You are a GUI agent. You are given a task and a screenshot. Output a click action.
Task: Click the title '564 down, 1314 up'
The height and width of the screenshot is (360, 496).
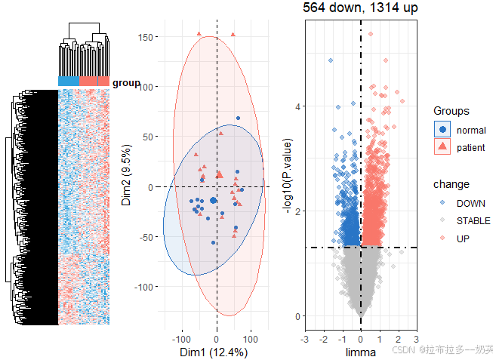360,8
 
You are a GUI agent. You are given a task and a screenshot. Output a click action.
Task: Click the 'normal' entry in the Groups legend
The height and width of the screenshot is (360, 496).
471,130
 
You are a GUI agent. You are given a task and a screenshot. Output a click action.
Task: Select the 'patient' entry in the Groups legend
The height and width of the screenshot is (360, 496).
472,147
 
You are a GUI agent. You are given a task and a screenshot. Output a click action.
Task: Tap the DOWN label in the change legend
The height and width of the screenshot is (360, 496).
471,203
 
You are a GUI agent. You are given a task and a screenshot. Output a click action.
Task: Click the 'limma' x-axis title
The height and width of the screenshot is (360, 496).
360,352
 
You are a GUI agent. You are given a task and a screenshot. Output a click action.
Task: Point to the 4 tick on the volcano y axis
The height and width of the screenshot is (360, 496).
298,106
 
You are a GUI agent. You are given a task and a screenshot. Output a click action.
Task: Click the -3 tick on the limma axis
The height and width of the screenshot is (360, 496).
304,337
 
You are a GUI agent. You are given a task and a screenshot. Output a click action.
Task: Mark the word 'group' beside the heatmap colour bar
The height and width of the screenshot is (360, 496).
126,83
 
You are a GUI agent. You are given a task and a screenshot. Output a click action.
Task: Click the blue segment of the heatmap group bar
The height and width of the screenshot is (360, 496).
69,82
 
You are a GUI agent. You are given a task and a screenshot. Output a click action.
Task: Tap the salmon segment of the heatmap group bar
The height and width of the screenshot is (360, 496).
94,82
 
